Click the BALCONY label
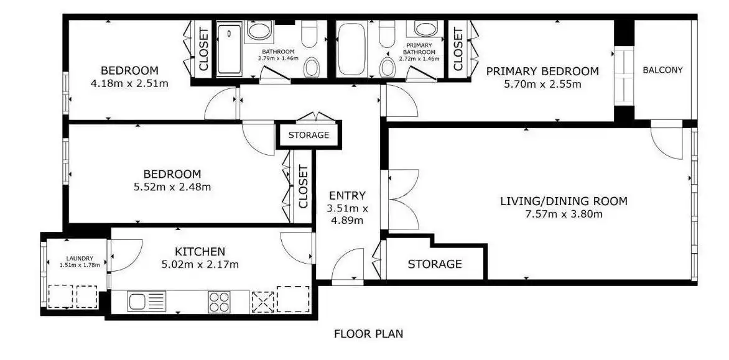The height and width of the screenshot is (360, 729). point(662,70)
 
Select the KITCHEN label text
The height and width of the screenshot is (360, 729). point(200,252)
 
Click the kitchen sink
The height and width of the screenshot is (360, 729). point(146,302)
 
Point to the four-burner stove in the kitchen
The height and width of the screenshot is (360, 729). point(219,302)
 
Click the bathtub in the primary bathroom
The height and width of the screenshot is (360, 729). point(351,49)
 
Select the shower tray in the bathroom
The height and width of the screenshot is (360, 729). point(229,49)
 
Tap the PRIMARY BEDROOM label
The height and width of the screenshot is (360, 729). point(542,72)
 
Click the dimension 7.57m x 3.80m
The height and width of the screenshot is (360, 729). point(564,214)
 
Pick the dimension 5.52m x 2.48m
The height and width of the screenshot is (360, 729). point(172,187)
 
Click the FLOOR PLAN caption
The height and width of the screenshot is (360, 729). point(369,333)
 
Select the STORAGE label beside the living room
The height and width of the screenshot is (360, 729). point(435,264)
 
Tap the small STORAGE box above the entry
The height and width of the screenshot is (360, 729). point(309,135)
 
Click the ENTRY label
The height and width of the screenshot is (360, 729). point(347,195)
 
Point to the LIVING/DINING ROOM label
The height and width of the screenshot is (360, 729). point(564,201)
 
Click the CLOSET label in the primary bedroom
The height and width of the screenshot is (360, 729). point(458,49)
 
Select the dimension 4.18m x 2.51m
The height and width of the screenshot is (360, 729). point(130,84)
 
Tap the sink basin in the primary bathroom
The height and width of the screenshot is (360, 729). point(426,29)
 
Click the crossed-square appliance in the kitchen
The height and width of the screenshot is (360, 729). point(262,302)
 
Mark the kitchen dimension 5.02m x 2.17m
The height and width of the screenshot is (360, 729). point(200,265)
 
